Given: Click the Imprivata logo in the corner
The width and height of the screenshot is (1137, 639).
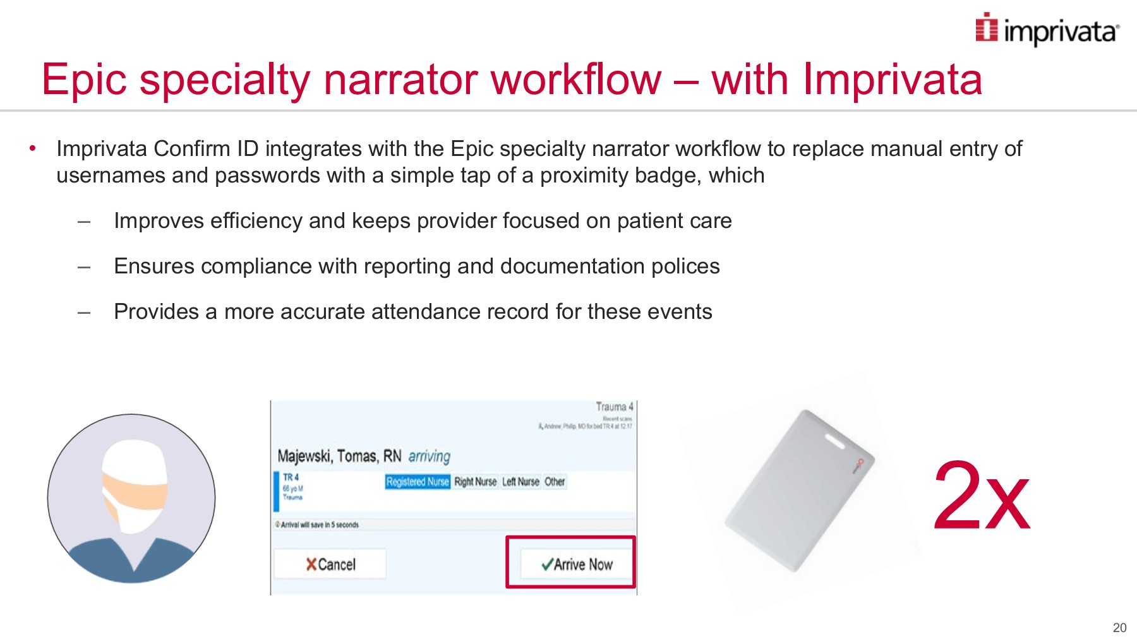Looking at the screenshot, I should click(x=1047, y=30).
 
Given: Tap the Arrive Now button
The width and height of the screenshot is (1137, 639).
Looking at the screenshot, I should click(x=576, y=564).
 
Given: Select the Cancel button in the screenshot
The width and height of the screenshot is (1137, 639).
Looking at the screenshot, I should click(x=330, y=564).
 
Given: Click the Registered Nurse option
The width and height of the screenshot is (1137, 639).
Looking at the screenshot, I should click(x=417, y=482).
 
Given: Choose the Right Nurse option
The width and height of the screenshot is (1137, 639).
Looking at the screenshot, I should click(x=475, y=482).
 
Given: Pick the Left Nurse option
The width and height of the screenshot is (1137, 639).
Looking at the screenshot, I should click(x=520, y=482).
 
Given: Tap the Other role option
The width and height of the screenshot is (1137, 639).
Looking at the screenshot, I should click(x=555, y=482).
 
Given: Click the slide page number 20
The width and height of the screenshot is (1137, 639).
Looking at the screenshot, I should click(x=1119, y=628).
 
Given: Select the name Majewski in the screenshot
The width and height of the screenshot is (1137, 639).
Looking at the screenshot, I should click(x=304, y=456).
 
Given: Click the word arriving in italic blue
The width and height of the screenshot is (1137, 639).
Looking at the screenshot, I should click(x=429, y=456).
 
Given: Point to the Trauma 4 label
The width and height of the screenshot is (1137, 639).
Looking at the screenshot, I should click(x=614, y=407).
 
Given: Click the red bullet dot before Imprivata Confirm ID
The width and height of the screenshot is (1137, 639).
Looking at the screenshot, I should click(x=32, y=148).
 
